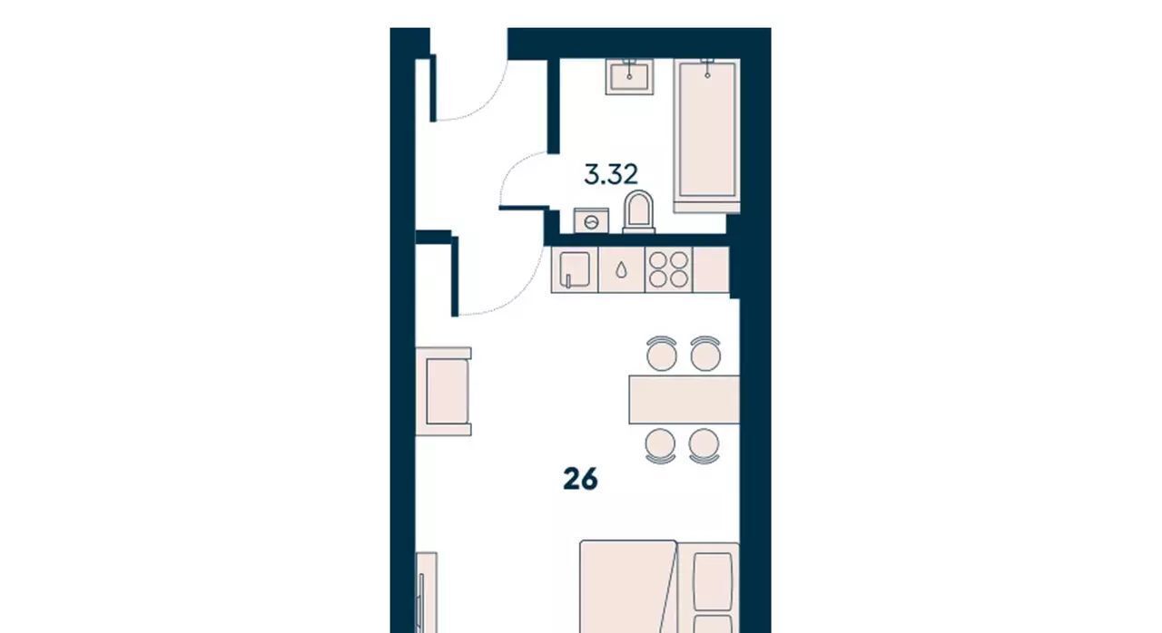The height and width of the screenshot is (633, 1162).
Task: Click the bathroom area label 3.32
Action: pos(611,174)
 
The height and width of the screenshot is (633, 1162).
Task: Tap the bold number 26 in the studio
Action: pos(580,479)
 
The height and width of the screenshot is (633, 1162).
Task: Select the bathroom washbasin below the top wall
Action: pos(629,77)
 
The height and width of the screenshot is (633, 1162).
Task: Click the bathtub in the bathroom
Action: pos(707,136)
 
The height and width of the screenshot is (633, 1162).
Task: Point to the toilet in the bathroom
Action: pos(638,212)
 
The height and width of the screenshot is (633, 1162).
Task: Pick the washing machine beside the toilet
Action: pos(591,221)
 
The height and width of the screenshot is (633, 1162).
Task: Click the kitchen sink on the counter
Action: pos(575,269)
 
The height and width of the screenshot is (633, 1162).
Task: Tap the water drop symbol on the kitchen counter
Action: pos(621,270)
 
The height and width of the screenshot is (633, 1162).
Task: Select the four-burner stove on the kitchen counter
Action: pos(669,269)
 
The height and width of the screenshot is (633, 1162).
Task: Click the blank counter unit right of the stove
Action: pos(711,269)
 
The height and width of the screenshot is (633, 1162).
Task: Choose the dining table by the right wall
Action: pos(684,400)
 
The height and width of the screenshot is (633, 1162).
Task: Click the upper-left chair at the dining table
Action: pos(662,354)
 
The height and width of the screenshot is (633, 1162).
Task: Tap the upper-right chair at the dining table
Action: pos(705,354)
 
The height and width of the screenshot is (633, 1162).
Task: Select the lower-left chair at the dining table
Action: pos(660,446)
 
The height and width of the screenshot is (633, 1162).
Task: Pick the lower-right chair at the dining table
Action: pos(704,446)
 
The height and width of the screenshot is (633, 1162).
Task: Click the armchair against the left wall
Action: pos(444,392)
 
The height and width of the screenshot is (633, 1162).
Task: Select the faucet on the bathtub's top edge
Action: pos(707,68)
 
